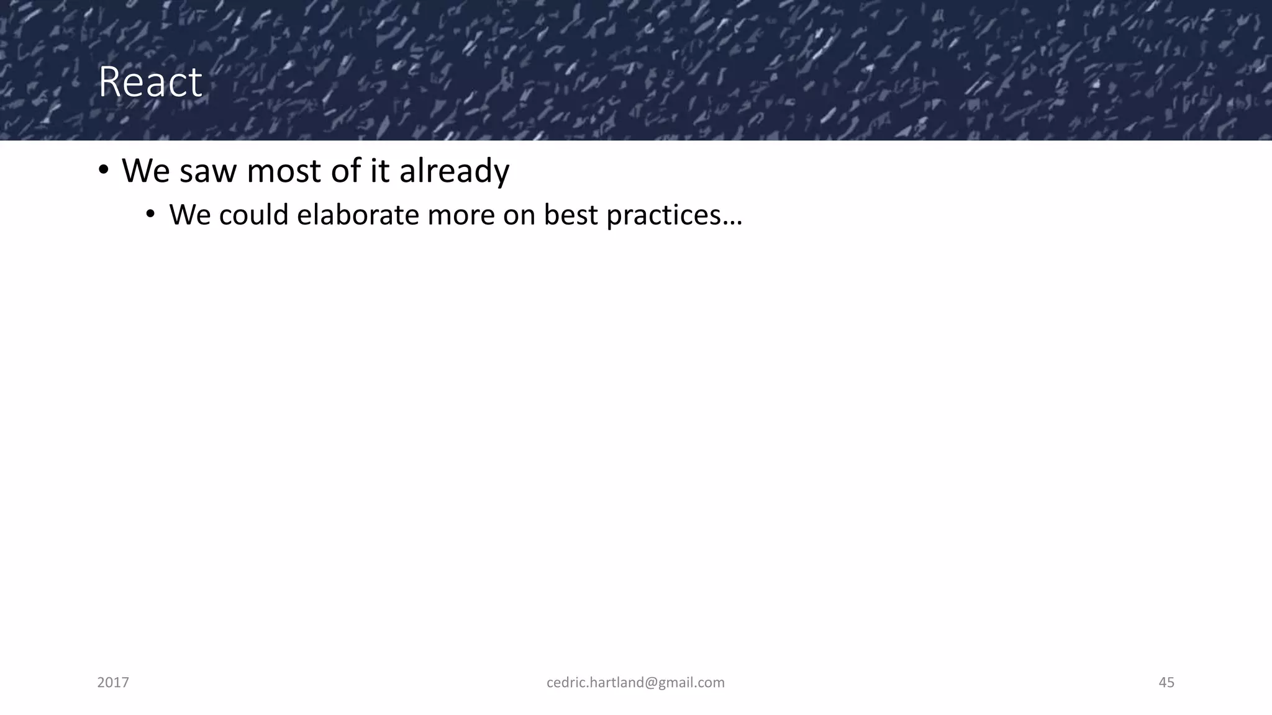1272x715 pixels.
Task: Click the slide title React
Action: pyautogui.click(x=150, y=82)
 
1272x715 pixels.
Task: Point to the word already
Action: pyautogui.click(x=454, y=171)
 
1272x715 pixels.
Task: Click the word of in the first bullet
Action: pyautogui.click(x=345, y=171)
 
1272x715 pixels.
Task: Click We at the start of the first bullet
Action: pyautogui.click(x=145, y=171)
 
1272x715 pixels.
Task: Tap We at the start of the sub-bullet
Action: pyautogui.click(x=189, y=215)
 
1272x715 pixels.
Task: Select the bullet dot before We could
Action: pyautogui.click(x=150, y=215)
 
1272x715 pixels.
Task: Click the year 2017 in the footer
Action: pyautogui.click(x=113, y=683)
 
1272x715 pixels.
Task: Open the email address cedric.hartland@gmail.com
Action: pyautogui.click(x=635, y=683)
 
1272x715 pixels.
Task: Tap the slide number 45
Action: pyautogui.click(x=1166, y=683)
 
